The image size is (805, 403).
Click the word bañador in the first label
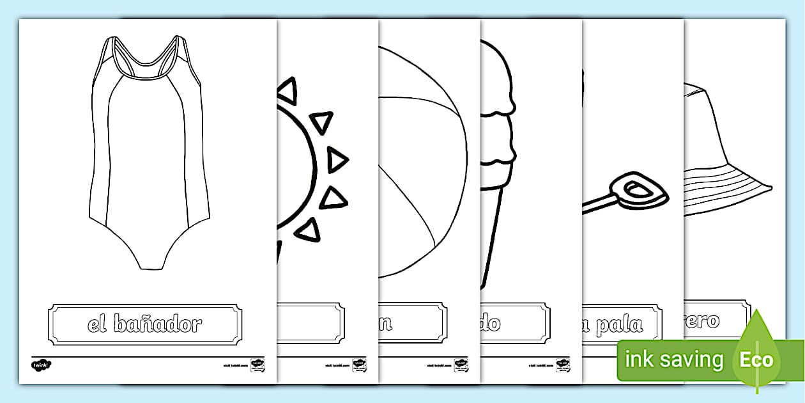157,324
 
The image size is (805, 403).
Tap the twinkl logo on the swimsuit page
40,365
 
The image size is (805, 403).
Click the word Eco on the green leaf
757,359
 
